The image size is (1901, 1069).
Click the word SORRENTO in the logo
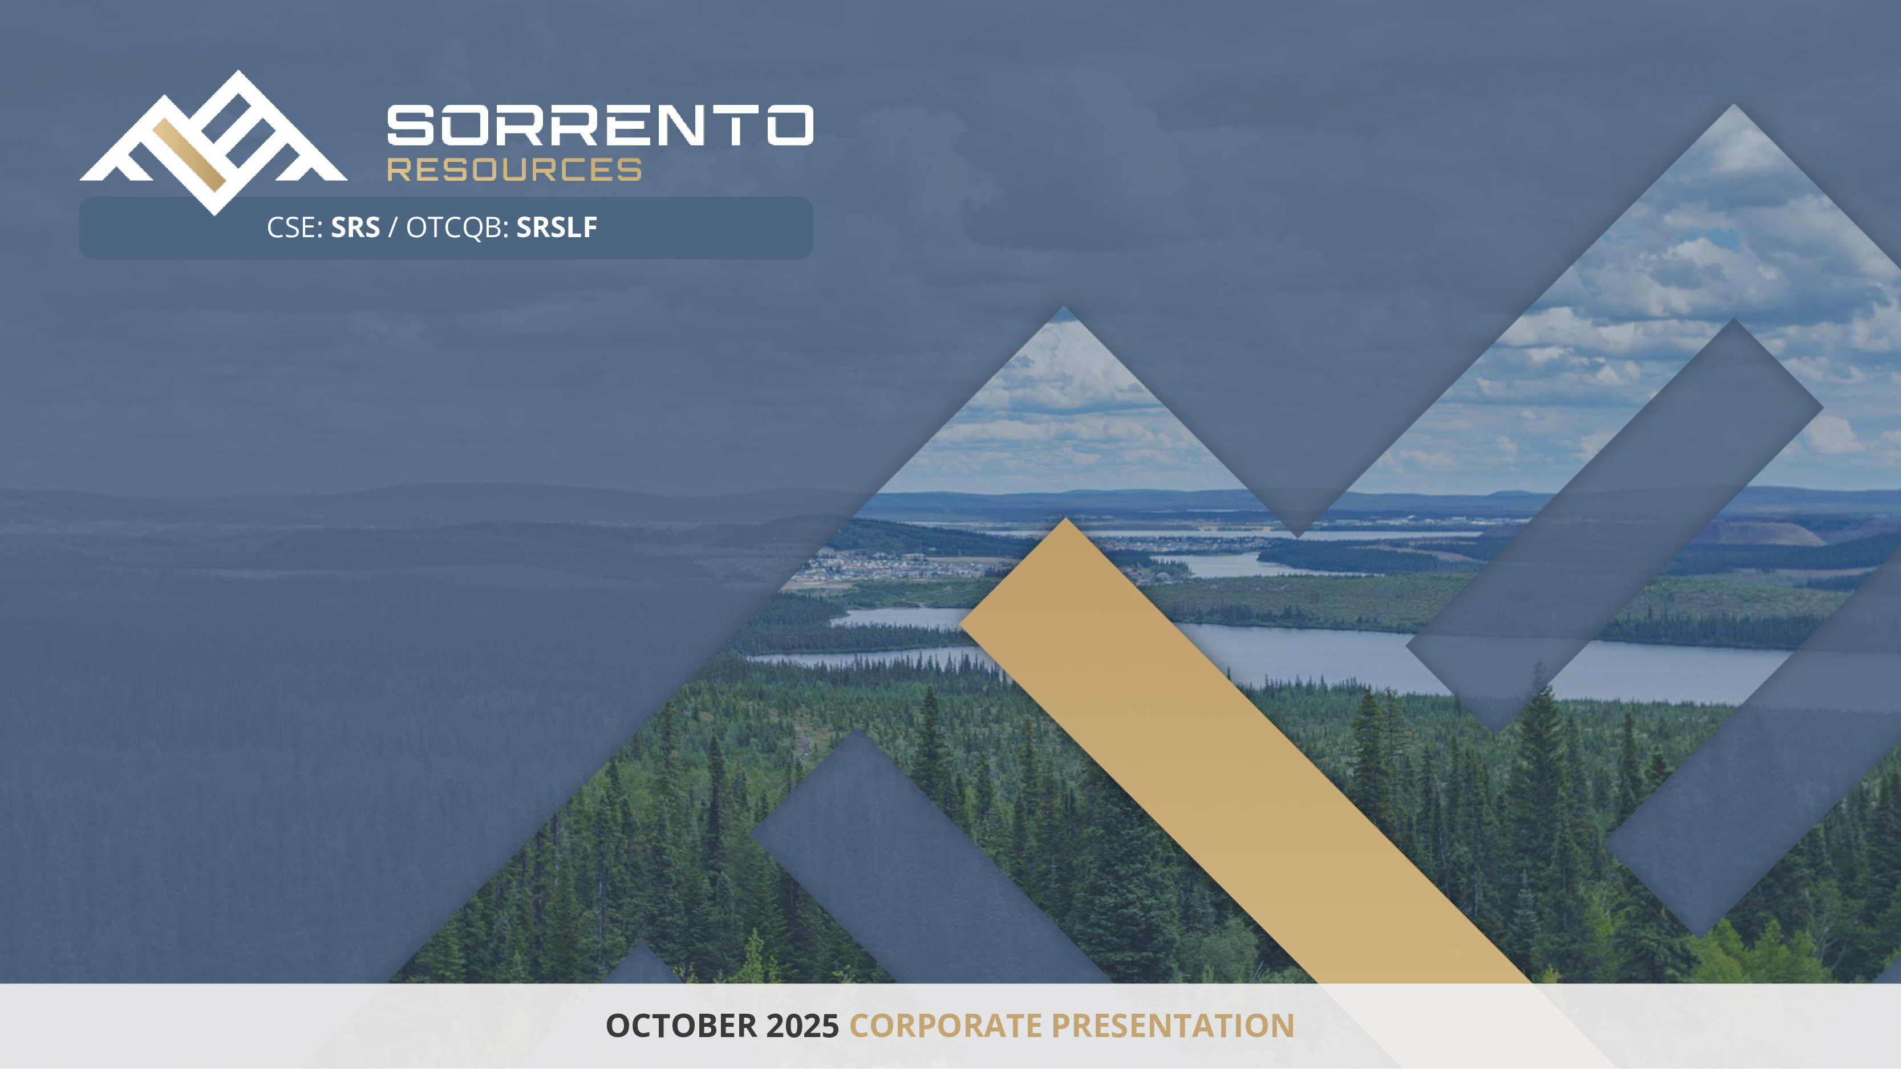click(600, 125)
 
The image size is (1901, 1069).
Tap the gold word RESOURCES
click(514, 170)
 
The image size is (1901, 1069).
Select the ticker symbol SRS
click(355, 227)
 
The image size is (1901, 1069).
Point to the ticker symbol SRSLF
click(557, 227)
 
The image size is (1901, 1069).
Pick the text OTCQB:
click(457, 228)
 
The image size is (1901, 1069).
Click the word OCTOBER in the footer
click(681, 1026)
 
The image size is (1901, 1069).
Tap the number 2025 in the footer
click(802, 1026)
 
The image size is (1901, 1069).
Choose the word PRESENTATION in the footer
click(1173, 1026)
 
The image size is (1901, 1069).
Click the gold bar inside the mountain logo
click(188, 155)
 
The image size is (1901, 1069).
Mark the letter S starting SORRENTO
click(410, 125)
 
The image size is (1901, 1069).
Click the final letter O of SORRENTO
click(789, 125)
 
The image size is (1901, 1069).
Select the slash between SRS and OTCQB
click(392, 228)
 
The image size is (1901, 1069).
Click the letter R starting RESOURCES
click(399, 170)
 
